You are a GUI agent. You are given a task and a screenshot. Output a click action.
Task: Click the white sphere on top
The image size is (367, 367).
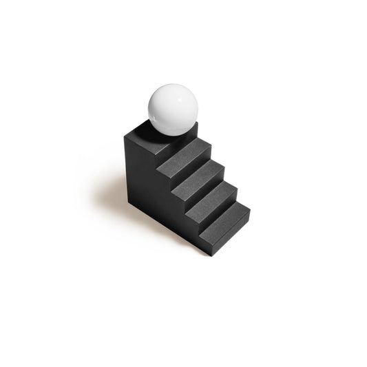(173, 109)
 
